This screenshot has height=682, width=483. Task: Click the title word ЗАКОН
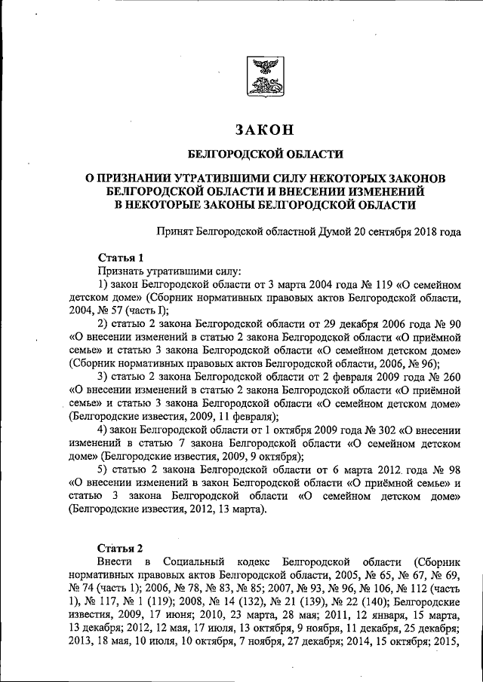click(x=265, y=130)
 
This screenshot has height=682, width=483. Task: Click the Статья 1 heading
click(x=120, y=258)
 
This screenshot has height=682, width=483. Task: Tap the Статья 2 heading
click(x=120, y=548)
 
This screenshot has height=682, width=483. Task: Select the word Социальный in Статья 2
click(x=200, y=562)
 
